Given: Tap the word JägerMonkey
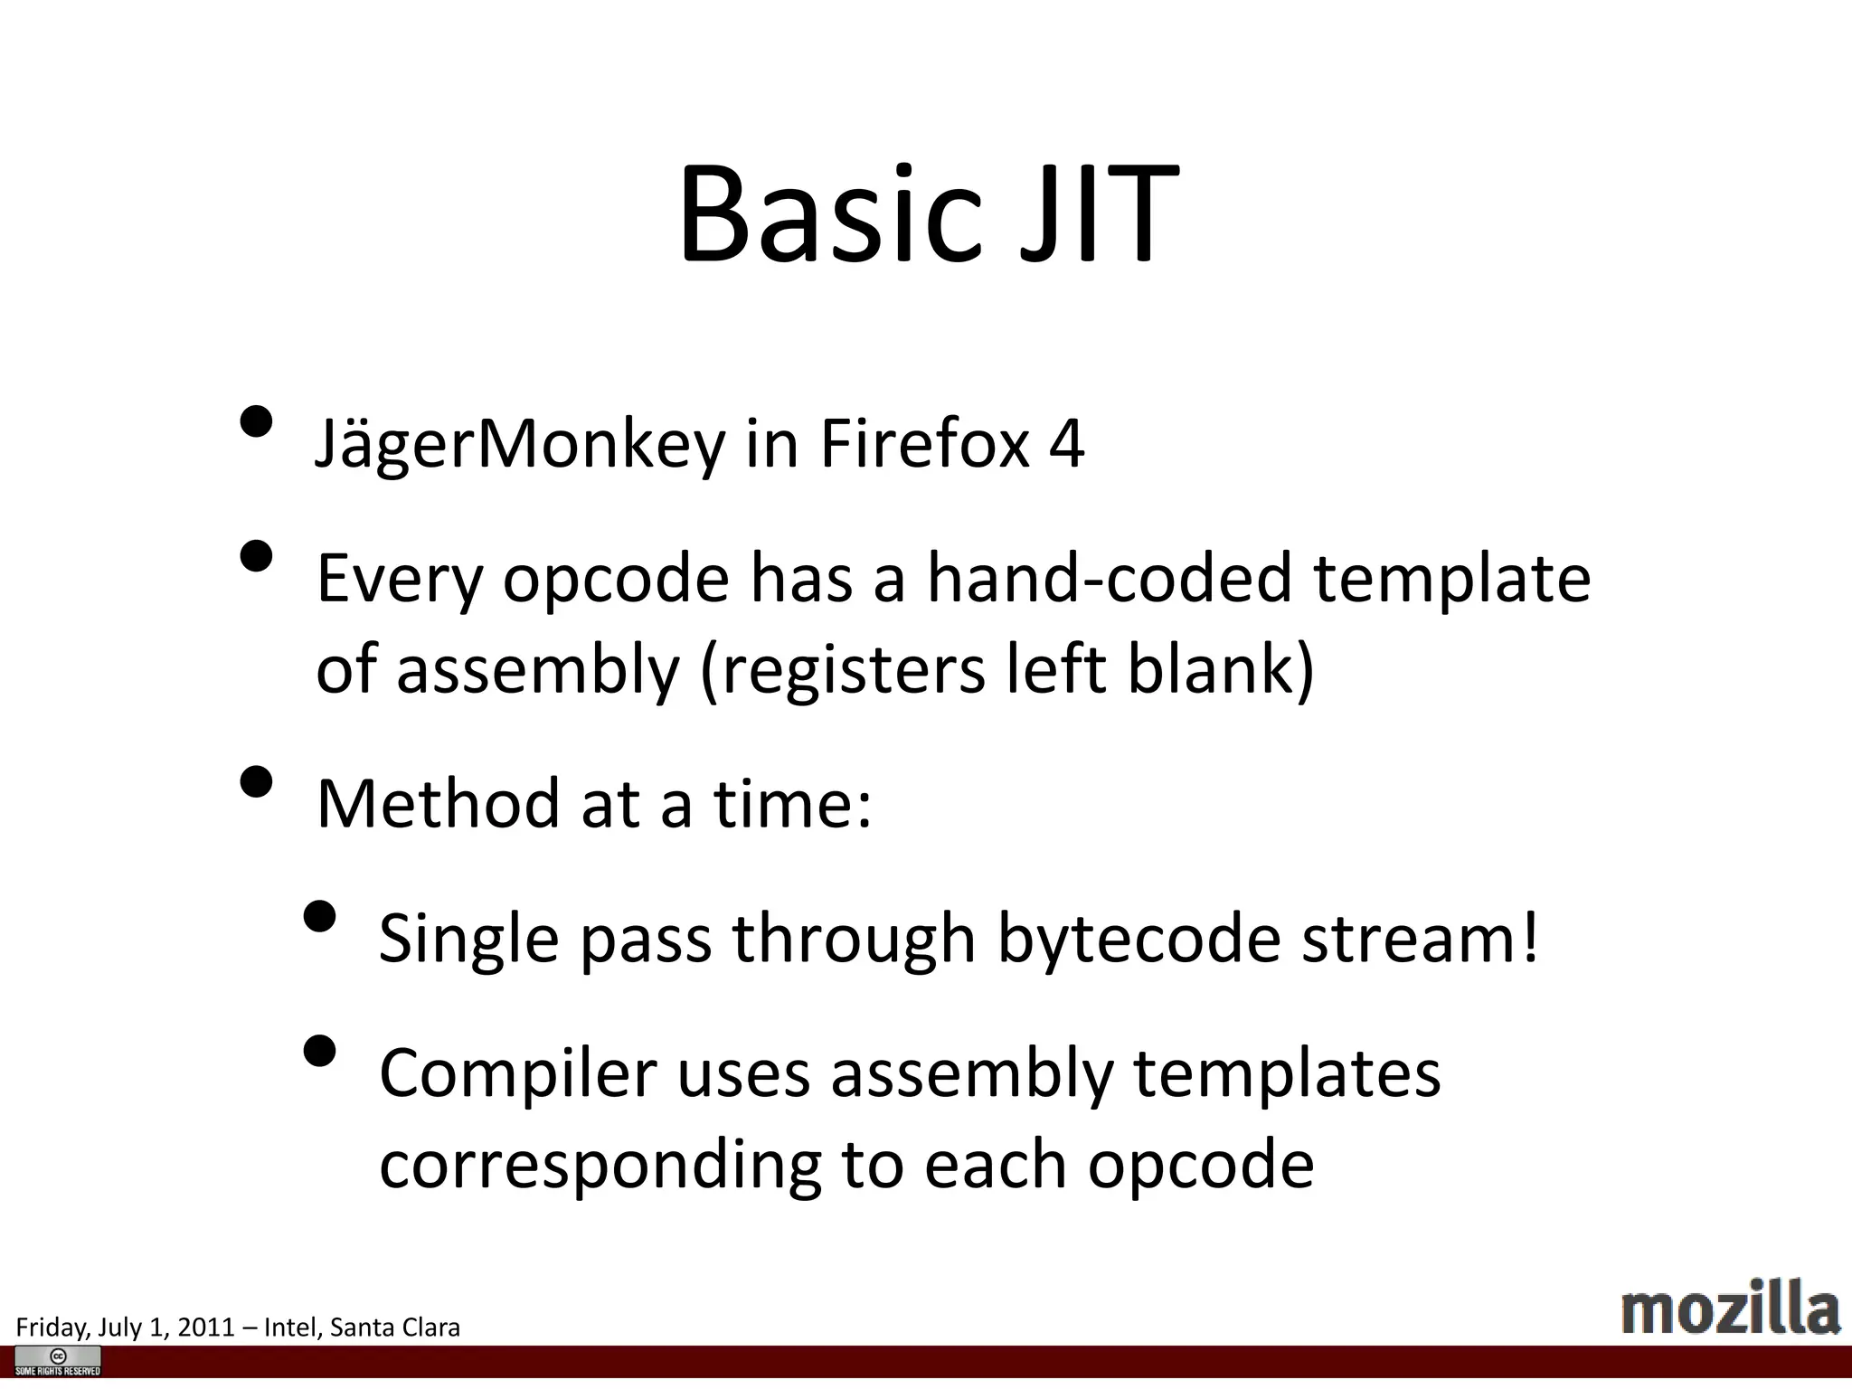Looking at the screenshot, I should click(520, 445).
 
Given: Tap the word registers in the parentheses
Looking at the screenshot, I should click(843, 669).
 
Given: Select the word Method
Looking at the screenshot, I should click(439, 803).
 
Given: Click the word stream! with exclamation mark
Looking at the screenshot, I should click(1420, 939).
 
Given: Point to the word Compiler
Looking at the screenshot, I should click(517, 1074).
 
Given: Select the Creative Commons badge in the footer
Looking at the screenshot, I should click(58, 1361).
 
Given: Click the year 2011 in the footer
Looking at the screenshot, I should click(206, 1327).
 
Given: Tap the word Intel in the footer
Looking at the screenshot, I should click(290, 1327).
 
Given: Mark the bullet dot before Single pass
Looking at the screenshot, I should click(319, 916).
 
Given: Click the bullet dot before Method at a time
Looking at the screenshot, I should click(257, 782).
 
